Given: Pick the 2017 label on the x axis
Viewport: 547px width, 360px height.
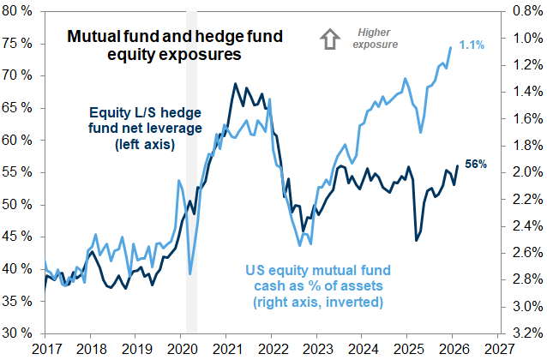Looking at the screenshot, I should (45, 349).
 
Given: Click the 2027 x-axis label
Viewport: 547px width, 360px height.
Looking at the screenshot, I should (500, 349).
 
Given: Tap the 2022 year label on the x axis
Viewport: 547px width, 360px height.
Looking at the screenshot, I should (272, 349).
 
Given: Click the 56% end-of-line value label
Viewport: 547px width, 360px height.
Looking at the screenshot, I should (476, 164).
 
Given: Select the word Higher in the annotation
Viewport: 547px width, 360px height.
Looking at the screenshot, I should (372, 33).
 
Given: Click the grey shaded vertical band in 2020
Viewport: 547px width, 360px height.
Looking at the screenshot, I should (191, 171).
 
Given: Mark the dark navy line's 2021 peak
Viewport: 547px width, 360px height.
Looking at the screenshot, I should (236, 84).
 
